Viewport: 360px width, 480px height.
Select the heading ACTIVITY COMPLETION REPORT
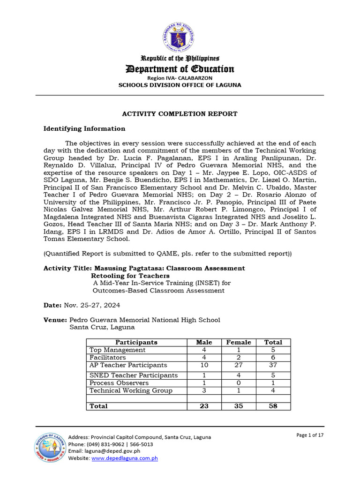click(x=180, y=114)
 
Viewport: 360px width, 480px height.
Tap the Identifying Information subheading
click(x=84, y=128)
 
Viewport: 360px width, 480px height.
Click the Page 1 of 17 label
click(x=310, y=435)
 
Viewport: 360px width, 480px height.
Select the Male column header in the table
click(x=204, y=342)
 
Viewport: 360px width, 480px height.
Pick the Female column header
click(x=239, y=342)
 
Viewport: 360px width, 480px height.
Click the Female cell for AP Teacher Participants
click(x=239, y=365)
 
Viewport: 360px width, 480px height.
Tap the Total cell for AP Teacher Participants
click(x=273, y=365)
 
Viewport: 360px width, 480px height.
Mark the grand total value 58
click(x=273, y=406)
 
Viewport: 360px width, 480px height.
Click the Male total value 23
click(x=204, y=406)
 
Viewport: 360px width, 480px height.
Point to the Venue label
click(x=55, y=320)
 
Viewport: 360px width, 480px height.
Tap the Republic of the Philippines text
click(x=180, y=59)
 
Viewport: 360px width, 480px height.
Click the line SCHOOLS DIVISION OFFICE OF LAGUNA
click(x=180, y=85)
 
